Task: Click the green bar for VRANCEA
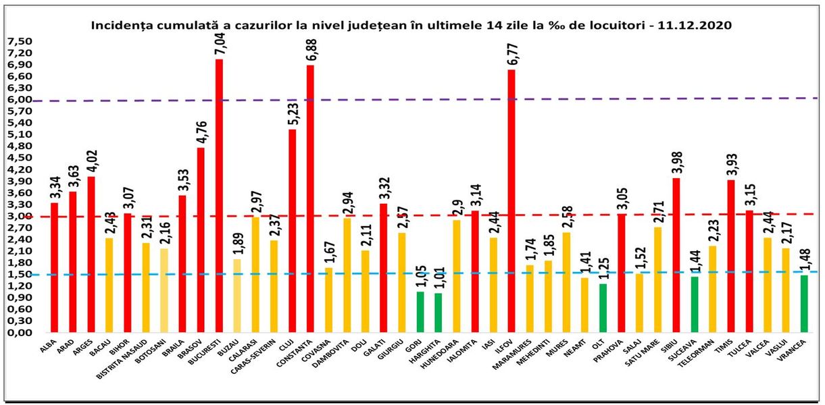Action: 804,304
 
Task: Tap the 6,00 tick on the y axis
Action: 20,99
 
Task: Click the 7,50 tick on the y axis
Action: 20,41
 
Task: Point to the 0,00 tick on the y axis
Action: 20,333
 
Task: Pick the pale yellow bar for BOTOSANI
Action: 164,291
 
